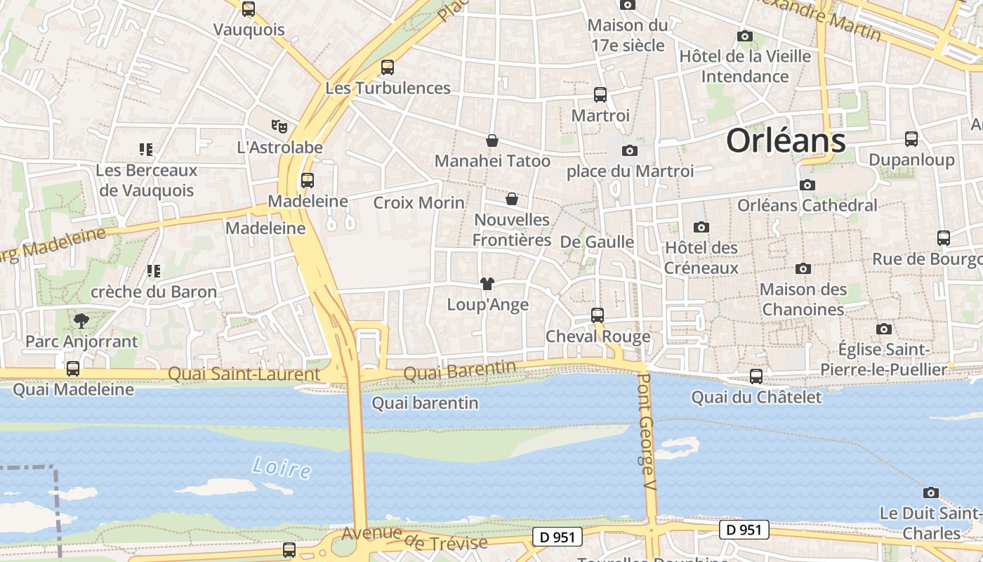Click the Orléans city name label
coord(786,140)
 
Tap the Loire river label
coord(281,468)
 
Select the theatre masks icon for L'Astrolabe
coord(279,126)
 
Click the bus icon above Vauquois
coord(249,9)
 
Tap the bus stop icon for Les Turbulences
coord(388,67)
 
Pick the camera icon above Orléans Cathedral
coord(807,185)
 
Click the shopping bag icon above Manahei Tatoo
coord(492,140)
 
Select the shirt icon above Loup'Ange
coord(487,284)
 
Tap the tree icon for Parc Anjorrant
coord(81,321)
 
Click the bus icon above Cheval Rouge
coord(598,315)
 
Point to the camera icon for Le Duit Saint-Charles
coord(931,492)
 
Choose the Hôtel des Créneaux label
coord(701,257)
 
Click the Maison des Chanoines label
coord(803,299)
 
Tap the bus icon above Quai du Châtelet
coord(756,377)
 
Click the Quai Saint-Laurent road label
coord(244,374)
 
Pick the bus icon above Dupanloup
coord(911,139)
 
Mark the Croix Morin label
coord(418,203)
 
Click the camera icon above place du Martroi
coord(630,150)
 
